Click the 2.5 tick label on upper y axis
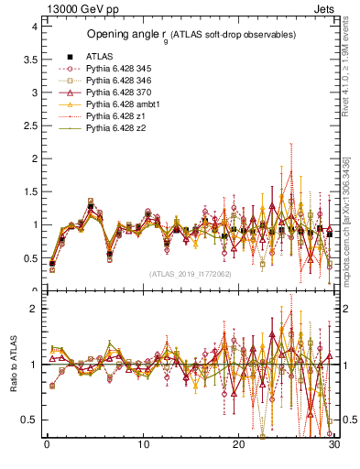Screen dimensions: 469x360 [x=29, y=125]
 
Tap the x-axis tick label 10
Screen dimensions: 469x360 [x=143, y=445]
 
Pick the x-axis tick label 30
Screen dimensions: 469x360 [x=334, y=445]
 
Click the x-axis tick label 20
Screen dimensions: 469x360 [x=238, y=445]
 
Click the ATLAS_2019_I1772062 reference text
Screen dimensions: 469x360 [x=190, y=273]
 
